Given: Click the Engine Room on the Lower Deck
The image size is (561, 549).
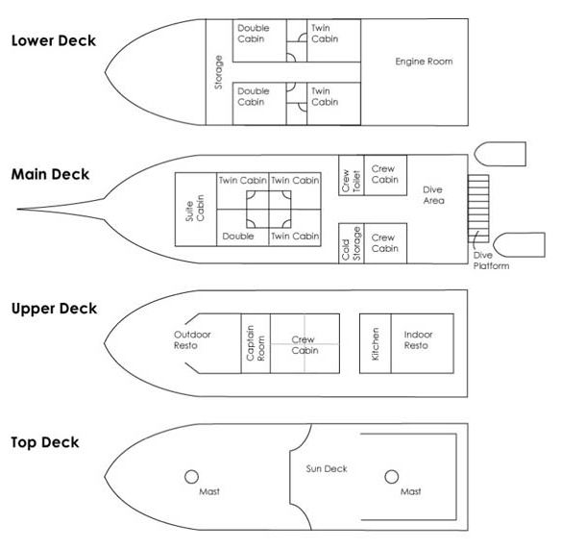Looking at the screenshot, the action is pyautogui.click(x=414, y=72).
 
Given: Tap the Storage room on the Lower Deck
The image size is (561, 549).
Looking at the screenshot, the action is pyautogui.click(x=219, y=72).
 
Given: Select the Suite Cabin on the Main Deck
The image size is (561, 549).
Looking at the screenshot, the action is pyautogui.click(x=196, y=210).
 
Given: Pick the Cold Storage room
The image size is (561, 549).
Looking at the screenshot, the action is pyautogui.click(x=352, y=243).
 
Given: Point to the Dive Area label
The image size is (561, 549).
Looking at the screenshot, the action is pyautogui.click(x=433, y=195).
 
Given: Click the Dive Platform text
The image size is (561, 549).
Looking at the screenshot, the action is pyautogui.click(x=491, y=261).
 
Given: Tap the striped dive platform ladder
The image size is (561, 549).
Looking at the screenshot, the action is pyautogui.click(x=478, y=209).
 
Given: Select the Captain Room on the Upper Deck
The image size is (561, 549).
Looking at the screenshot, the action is pyautogui.click(x=256, y=343).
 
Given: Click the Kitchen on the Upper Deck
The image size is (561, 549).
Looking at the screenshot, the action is pyautogui.click(x=376, y=343).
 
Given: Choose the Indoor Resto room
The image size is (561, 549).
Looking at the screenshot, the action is pyautogui.click(x=423, y=343).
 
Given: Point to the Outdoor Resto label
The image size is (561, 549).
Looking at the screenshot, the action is pyautogui.click(x=192, y=339).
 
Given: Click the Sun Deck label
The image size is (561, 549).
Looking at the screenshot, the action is pyautogui.click(x=327, y=469).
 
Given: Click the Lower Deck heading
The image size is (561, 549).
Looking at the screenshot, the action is pyautogui.click(x=54, y=40).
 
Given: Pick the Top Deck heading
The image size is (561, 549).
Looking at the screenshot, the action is pyautogui.click(x=45, y=442).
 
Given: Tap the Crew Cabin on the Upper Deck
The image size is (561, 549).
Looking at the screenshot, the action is pyautogui.click(x=305, y=343).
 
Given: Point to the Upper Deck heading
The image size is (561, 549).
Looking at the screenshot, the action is pyautogui.click(x=54, y=309).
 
